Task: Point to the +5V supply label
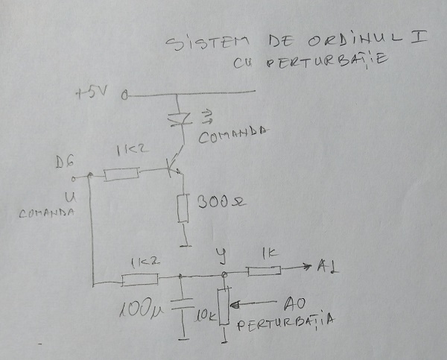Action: pos(92,94)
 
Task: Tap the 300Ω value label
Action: pos(217,202)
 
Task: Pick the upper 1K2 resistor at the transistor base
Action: pos(121,174)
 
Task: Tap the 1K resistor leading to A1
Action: pos(265,271)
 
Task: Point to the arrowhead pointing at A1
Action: pos(308,268)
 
